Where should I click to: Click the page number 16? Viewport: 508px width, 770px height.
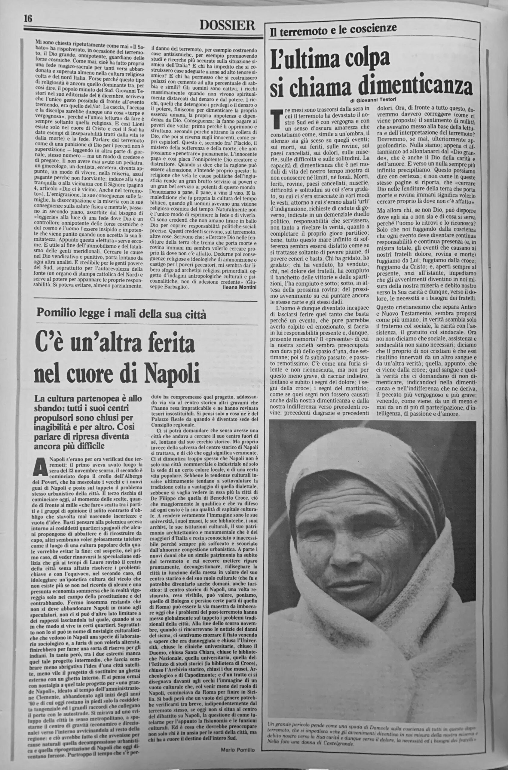[x=28, y=19]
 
